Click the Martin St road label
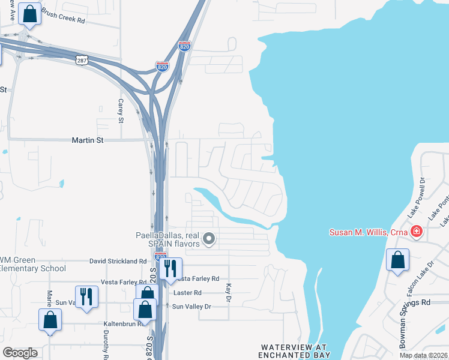click(x=88, y=140)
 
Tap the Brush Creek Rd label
click(x=64, y=20)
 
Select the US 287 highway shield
click(x=83, y=60)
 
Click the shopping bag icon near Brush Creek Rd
click(x=29, y=13)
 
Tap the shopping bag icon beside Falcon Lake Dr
click(x=397, y=260)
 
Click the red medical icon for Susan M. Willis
click(x=416, y=232)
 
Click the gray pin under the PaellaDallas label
click(x=209, y=239)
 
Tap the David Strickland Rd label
click(x=118, y=262)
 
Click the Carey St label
click(x=121, y=111)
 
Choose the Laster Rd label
click(x=187, y=293)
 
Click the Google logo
click(x=20, y=352)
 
